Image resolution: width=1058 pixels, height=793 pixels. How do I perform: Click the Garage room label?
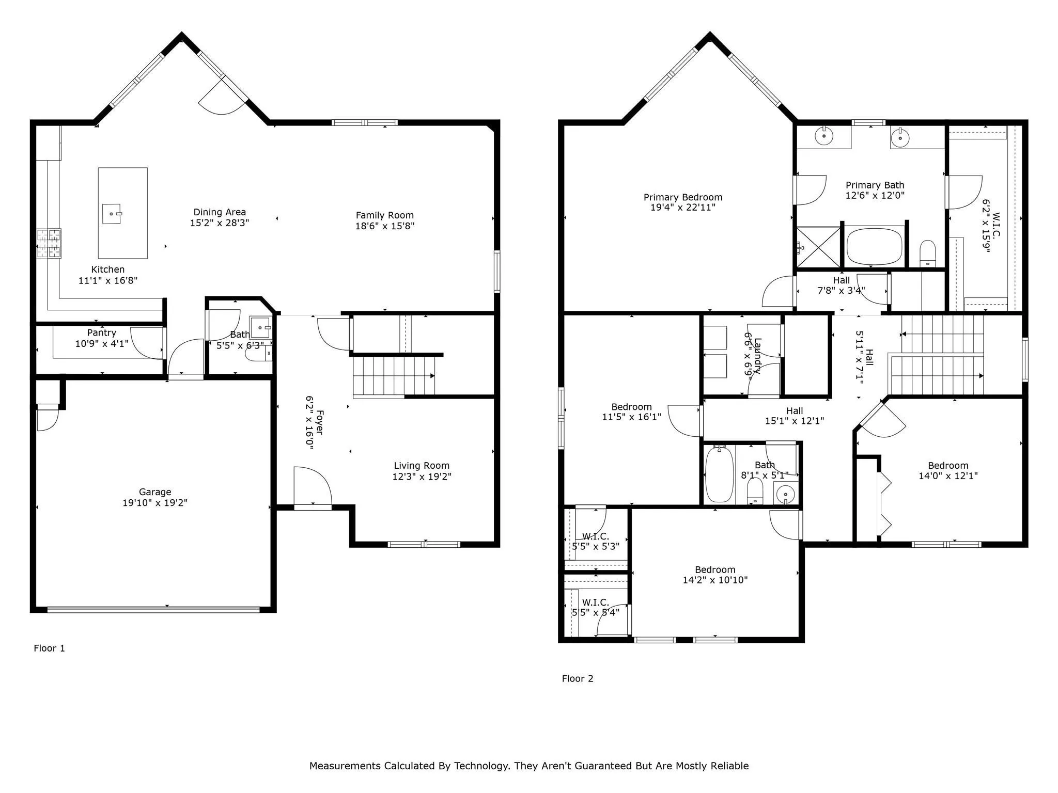click(154, 492)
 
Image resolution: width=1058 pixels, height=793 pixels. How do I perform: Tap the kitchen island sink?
click(112, 214)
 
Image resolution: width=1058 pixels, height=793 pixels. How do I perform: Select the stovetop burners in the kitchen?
click(49, 243)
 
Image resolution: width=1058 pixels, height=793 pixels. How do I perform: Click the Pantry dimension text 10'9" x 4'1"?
click(102, 343)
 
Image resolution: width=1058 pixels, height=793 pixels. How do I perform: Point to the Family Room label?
click(384, 215)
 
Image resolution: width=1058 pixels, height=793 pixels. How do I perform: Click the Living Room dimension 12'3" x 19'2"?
click(422, 477)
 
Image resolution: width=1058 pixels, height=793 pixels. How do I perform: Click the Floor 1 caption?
click(49, 648)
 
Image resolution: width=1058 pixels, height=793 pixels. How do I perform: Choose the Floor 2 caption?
click(578, 679)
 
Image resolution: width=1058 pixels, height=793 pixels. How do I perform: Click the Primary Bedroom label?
click(682, 197)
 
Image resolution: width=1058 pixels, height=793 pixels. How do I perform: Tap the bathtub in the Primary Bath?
click(874, 247)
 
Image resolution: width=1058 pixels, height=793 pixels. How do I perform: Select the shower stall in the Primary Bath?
click(818, 247)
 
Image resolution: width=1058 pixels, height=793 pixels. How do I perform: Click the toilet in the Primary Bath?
click(928, 252)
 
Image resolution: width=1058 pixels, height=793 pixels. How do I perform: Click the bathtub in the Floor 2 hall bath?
click(719, 474)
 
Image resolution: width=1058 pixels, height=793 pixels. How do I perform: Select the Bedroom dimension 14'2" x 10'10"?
click(715, 580)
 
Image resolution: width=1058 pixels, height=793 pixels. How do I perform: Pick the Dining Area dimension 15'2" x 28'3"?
click(220, 223)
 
